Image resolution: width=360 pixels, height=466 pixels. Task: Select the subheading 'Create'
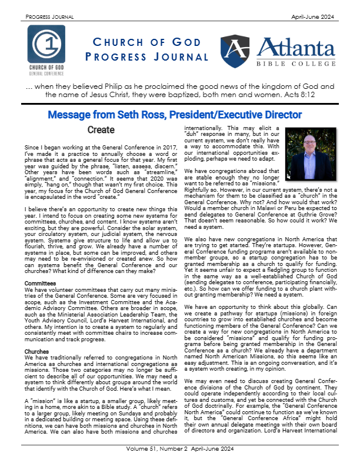(101, 129)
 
